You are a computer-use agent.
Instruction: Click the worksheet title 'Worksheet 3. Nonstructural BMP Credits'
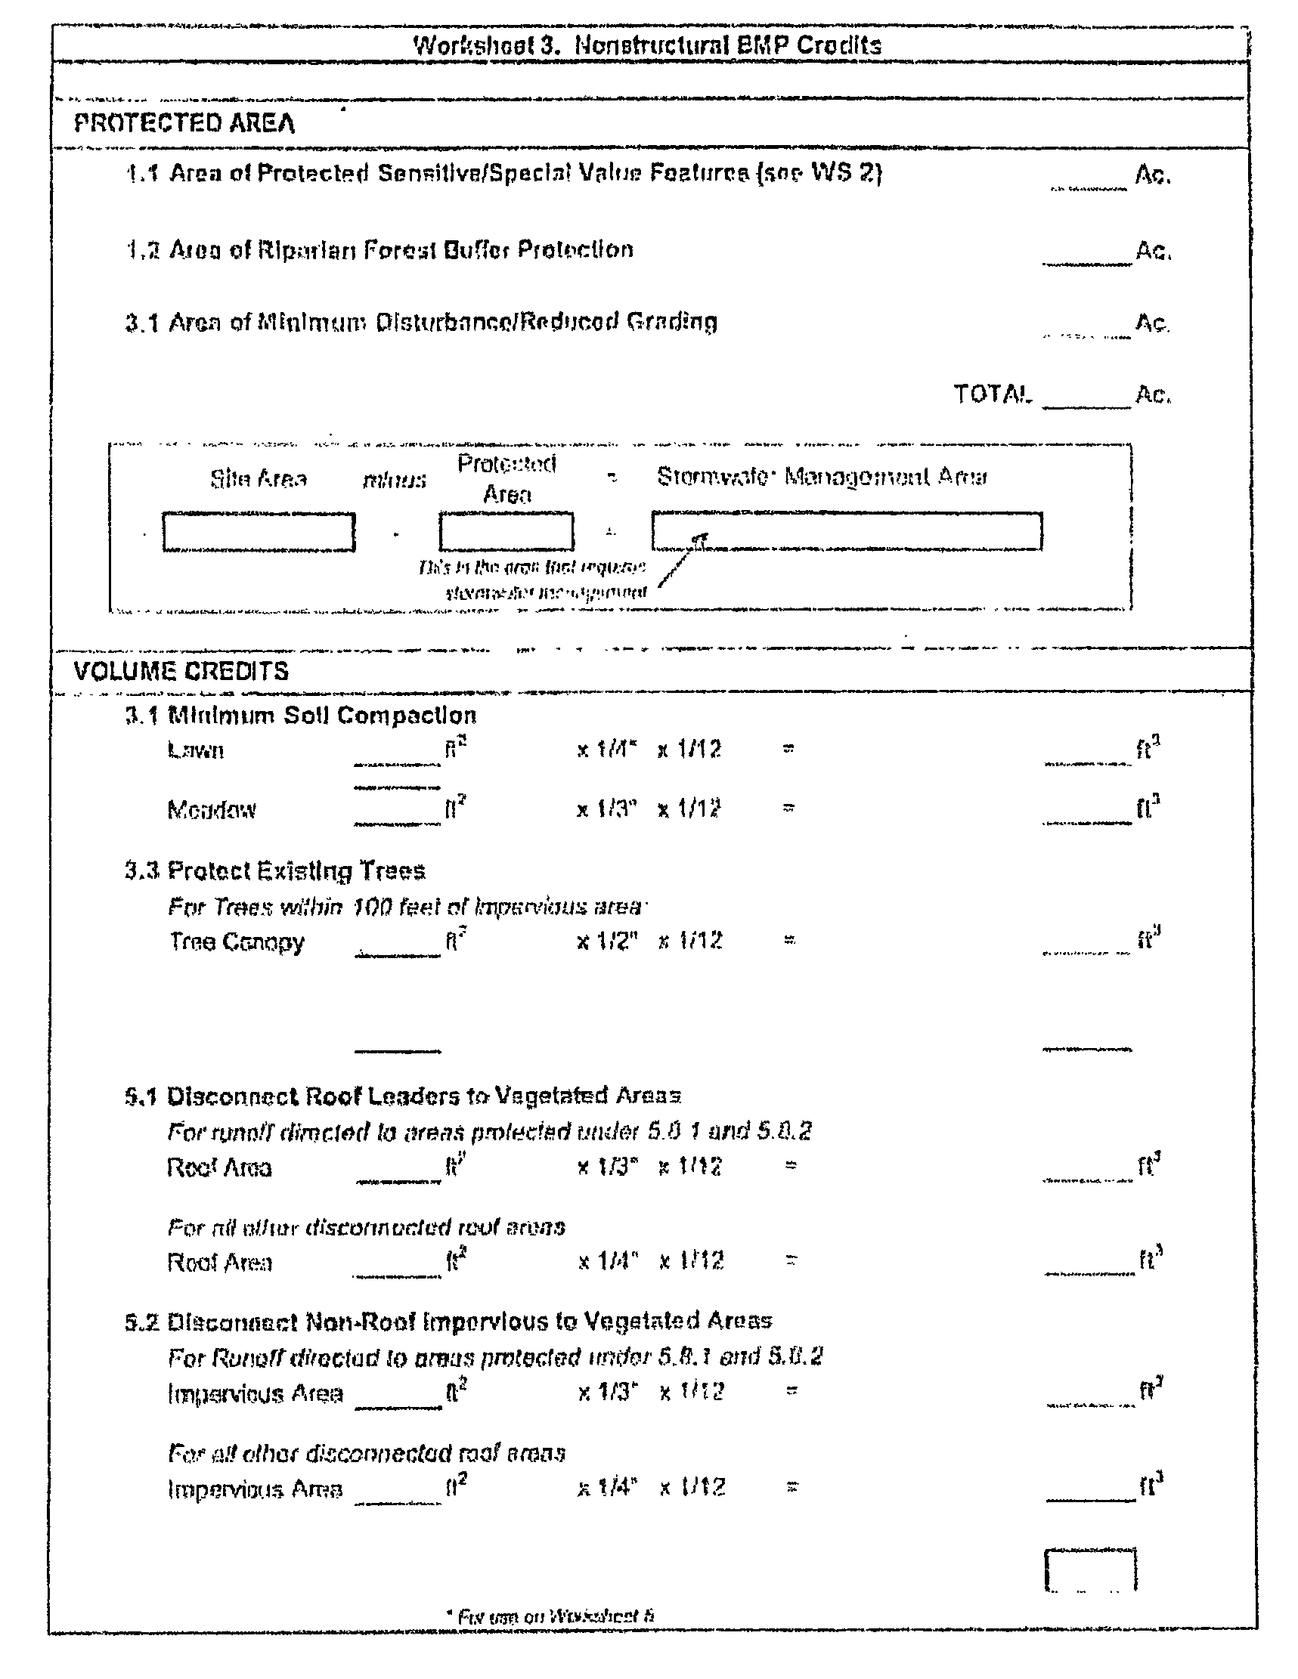(x=647, y=45)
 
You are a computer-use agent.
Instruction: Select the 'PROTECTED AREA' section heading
(x=184, y=124)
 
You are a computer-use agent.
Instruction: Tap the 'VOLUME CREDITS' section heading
(x=181, y=671)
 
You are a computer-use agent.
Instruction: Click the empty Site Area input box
(x=259, y=532)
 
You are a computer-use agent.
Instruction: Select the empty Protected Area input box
(x=506, y=532)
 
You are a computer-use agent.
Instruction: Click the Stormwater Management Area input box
(x=847, y=532)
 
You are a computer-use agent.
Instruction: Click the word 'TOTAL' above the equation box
(x=991, y=394)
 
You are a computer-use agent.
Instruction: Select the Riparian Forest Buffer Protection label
(x=401, y=250)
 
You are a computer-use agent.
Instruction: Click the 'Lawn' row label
(x=195, y=750)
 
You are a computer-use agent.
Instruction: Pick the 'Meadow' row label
(x=212, y=809)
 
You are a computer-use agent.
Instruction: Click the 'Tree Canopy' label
(x=237, y=942)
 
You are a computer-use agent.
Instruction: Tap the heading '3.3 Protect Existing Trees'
(x=275, y=871)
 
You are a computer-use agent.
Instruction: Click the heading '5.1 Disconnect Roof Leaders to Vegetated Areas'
(x=403, y=1096)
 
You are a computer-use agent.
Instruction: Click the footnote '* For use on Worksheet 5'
(x=550, y=1616)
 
